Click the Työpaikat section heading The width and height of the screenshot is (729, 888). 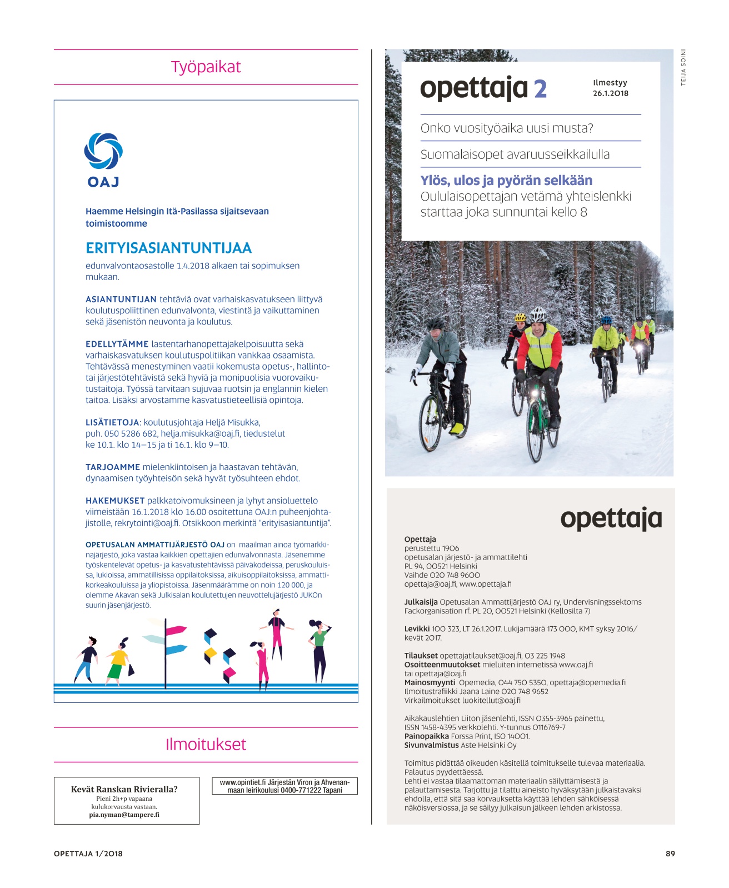pyautogui.click(x=206, y=67)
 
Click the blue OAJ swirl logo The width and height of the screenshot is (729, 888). pyautogui.click(x=103, y=151)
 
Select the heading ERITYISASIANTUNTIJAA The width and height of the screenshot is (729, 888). pyautogui.click(x=168, y=248)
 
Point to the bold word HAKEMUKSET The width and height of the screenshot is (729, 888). pyautogui.click(x=115, y=501)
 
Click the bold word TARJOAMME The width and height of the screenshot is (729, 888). pyautogui.click(x=113, y=467)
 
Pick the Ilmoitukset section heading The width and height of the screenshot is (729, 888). pyautogui.click(x=206, y=745)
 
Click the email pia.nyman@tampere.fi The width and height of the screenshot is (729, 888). pyautogui.click(x=124, y=815)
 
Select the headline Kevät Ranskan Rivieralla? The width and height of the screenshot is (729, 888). pyautogui.click(x=124, y=789)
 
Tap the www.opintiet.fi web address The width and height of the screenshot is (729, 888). pyautogui.click(x=242, y=782)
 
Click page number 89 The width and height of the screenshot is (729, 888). pyautogui.click(x=670, y=854)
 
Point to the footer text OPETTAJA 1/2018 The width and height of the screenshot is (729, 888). pyautogui.click(x=88, y=854)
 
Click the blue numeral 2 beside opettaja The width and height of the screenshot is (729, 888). pyautogui.click(x=540, y=89)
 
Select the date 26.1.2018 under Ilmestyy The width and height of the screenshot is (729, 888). pyautogui.click(x=610, y=93)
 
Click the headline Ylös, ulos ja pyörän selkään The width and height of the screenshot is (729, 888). pyautogui.click(x=506, y=181)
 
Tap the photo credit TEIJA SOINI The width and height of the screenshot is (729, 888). pyautogui.click(x=683, y=67)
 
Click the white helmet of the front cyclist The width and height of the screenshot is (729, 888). pyautogui.click(x=538, y=315)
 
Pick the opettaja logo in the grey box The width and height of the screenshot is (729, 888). pyautogui.click(x=611, y=519)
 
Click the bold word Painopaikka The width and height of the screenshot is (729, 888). pyautogui.click(x=427, y=736)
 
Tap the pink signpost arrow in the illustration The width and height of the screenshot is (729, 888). pyautogui.click(x=177, y=630)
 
